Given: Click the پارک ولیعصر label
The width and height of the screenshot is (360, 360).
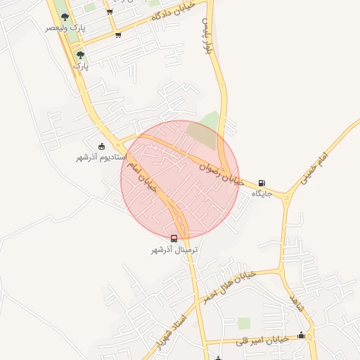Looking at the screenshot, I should (x=65, y=27).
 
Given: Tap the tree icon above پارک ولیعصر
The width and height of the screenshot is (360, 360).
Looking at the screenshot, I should (x=65, y=16).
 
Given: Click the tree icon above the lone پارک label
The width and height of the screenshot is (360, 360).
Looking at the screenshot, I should (x=81, y=54).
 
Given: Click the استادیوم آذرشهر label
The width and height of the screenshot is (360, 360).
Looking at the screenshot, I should (x=100, y=156).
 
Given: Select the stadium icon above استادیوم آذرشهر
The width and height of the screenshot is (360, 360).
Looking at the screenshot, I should (x=102, y=146).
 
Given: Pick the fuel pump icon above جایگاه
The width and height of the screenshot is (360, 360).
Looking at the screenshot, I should (x=262, y=182).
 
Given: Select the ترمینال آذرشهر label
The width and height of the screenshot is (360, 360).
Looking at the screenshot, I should (x=174, y=250).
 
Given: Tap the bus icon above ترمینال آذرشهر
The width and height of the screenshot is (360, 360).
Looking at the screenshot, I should (x=174, y=238).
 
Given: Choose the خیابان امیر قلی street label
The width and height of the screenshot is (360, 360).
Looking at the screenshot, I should (x=264, y=340).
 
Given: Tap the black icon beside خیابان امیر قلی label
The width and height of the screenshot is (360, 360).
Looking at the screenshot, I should (x=302, y=335).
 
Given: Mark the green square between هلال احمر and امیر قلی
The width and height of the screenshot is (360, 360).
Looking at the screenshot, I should (x=244, y=323).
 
